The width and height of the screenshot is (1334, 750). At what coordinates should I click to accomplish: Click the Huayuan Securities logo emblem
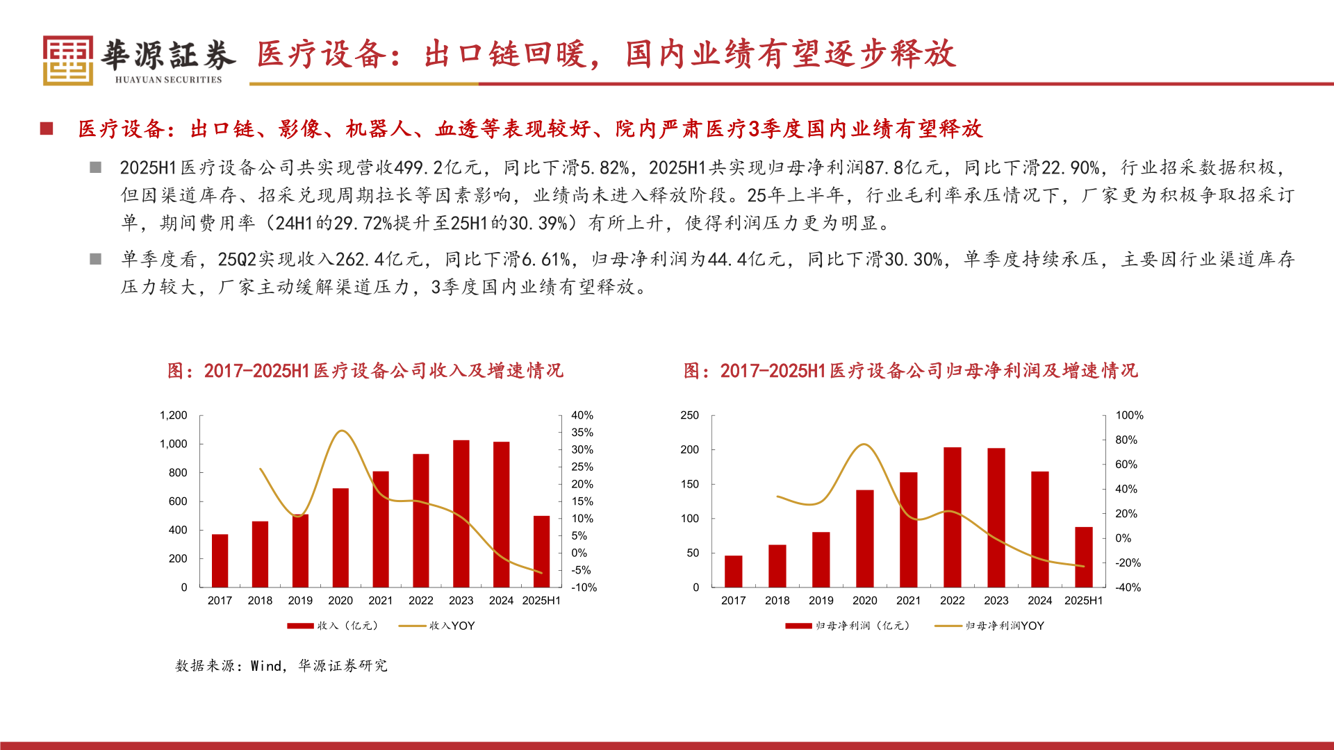(67, 60)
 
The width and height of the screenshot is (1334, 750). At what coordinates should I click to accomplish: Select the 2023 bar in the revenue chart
(461, 514)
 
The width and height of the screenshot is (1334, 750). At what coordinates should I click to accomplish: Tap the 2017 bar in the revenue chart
(220, 560)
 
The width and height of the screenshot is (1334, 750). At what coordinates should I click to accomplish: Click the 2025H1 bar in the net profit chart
(1083, 557)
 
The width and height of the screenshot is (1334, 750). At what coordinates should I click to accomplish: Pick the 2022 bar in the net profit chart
(952, 517)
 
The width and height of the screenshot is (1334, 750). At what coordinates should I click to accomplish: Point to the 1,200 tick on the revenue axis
(174, 415)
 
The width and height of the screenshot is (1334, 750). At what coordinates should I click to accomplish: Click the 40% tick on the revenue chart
(582, 415)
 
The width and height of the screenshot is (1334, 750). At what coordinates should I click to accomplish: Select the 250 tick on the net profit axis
(689, 415)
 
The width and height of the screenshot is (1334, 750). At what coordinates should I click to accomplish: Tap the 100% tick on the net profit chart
(1129, 415)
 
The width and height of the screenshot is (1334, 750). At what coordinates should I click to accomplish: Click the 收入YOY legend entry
(437, 626)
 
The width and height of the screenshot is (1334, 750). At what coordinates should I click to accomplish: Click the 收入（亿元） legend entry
(333, 626)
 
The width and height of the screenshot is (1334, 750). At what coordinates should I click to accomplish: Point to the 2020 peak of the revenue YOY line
(341, 431)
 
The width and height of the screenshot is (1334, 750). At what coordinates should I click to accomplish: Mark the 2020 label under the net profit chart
(864, 601)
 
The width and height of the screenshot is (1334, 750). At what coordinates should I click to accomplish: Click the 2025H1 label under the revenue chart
(541, 601)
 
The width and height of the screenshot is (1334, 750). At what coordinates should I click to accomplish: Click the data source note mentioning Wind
(281, 666)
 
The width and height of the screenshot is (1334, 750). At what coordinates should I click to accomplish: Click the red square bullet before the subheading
(47, 128)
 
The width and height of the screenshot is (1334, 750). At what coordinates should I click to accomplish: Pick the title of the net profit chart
(910, 371)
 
